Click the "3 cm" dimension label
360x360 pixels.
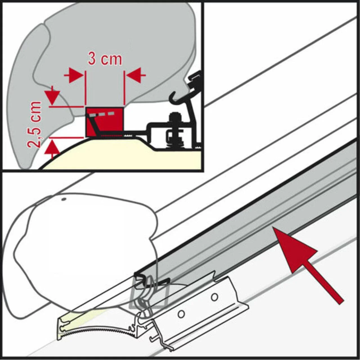tap(105, 59)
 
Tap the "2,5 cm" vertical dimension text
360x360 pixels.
tap(34, 124)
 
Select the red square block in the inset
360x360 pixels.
tap(105, 122)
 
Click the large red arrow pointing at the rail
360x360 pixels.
tap(308, 265)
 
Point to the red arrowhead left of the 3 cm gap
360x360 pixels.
tap(73, 75)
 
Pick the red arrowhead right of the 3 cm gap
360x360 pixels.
tap(136, 75)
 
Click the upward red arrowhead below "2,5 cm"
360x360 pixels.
tap(52, 149)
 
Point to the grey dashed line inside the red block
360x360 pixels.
tap(102, 114)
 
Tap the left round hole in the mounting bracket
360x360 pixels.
tap(181, 314)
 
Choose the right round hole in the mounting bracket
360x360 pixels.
tap(215, 297)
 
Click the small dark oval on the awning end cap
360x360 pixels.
tap(64, 199)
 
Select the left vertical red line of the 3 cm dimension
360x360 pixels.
tap(85, 88)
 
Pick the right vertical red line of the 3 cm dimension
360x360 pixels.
tap(124, 88)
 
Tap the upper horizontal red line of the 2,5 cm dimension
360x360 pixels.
tap(67, 107)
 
